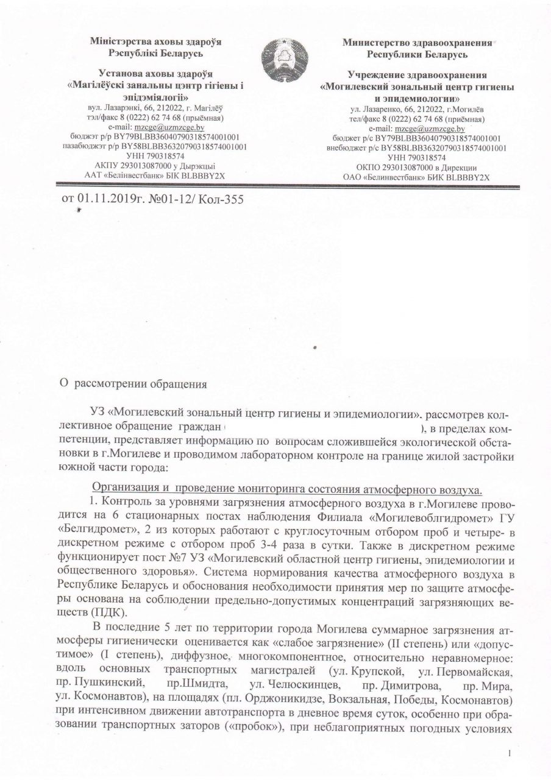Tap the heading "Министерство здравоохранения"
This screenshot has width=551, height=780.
(x=418, y=43)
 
